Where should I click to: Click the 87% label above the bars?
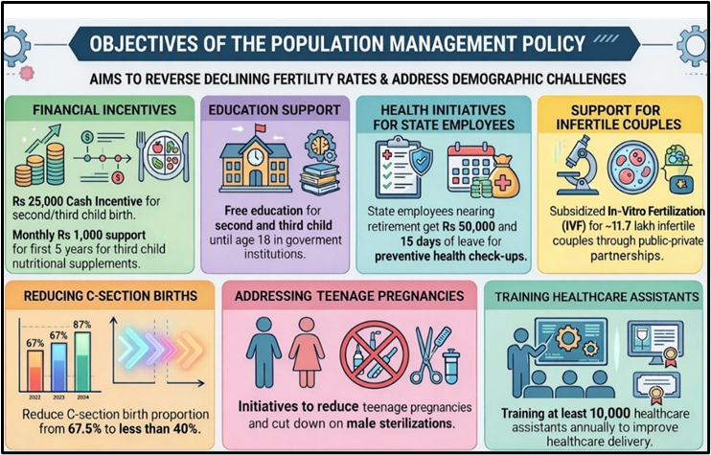pyautogui.click(x=83, y=324)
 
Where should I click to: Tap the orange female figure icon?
pyautogui.click(x=306, y=352)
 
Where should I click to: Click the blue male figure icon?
pyautogui.click(x=262, y=352)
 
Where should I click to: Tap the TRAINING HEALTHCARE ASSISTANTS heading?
pyautogui.click(x=597, y=297)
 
